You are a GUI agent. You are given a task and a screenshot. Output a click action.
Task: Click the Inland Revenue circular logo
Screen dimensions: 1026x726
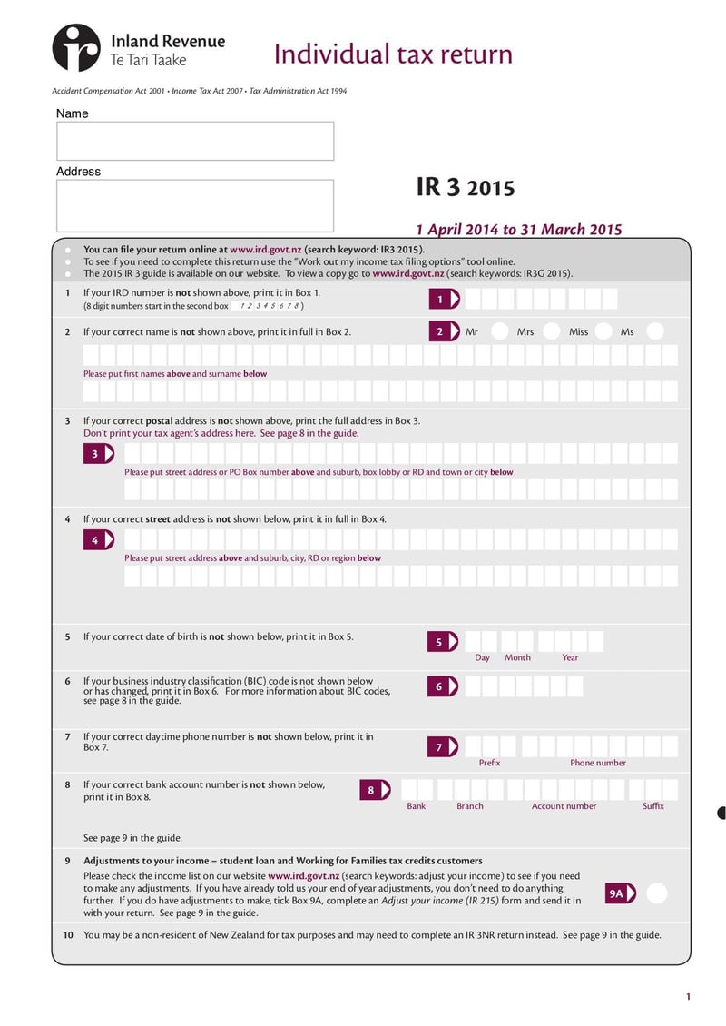[76, 48]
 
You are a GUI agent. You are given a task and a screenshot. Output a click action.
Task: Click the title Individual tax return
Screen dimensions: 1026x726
[393, 54]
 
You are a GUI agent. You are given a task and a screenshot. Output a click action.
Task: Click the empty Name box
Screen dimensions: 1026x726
[195, 141]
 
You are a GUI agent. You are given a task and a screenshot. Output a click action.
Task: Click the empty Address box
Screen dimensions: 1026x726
[195, 205]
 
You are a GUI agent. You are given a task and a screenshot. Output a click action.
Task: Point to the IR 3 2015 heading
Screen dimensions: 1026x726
[465, 188]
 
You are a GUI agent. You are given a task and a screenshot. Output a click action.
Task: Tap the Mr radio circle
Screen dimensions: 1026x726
[499, 331]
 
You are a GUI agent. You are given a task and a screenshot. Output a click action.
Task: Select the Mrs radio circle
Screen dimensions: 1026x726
[551, 331]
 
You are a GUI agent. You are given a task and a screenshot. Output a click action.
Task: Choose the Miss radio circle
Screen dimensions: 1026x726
[603, 331]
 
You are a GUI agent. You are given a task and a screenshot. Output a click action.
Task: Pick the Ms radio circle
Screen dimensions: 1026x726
[655, 331]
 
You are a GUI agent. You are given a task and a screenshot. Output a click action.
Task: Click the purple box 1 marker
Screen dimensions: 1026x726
[444, 299]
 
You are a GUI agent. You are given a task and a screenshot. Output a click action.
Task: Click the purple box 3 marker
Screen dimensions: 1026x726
[98, 454]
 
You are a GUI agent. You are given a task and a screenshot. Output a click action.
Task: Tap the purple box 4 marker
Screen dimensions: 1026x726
[98, 540]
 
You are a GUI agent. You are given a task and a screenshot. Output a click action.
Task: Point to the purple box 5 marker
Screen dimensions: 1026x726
[443, 642]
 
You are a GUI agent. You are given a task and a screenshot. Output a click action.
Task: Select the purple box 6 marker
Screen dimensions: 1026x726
[443, 686]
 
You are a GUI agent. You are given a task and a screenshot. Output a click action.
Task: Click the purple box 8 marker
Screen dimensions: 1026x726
[375, 790]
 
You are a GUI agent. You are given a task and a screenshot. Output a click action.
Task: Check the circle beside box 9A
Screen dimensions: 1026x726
[657, 893]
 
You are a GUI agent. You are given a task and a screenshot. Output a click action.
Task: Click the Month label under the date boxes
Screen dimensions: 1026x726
[517, 657]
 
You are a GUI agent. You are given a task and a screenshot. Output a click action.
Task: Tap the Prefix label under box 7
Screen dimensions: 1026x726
[489, 763]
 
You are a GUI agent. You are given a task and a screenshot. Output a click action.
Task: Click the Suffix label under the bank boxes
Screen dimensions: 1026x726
[652, 806]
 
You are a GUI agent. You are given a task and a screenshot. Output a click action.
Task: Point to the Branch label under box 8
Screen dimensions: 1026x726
[469, 806]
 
